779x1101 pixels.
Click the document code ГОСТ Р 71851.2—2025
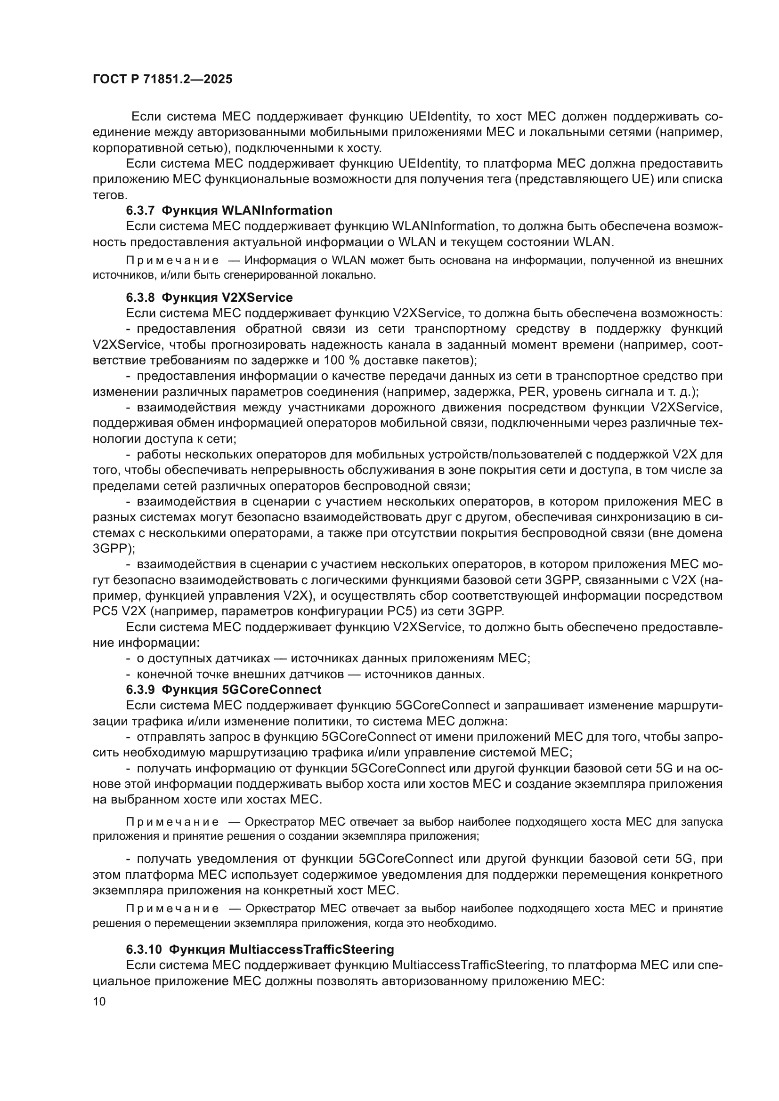162,79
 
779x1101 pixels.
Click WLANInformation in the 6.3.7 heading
277,210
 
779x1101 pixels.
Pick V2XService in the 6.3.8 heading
257,298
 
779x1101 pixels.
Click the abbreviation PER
532,392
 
